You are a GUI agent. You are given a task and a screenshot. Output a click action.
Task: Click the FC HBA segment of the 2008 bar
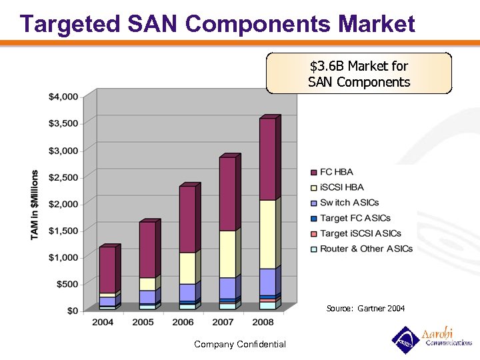pyautogui.click(x=267, y=159)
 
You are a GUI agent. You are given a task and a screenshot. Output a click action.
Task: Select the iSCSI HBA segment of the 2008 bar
pyautogui.click(x=267, y=234)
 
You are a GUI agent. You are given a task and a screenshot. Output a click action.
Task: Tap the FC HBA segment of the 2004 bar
pyautogui.click(x=107, y=270)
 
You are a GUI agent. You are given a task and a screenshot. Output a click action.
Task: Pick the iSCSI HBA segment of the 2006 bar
pyautogui.click(x=187, y=268)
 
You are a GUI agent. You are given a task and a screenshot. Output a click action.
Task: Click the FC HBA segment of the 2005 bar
pyautogui.click(x=147, y=250)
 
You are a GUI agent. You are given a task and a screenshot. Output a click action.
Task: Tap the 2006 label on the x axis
pyautogui.click(x=183, y=323)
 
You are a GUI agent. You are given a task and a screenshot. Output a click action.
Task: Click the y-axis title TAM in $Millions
pyautogui.click(x=34, y=205)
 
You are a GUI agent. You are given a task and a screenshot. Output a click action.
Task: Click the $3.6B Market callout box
pyautogui.click(x=359, y=74)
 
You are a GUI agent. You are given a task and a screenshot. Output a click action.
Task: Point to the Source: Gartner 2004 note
pyautogui.click(x=365, y=309)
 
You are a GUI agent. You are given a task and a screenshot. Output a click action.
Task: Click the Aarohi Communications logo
pyautogui.click(x=431, y=339)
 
